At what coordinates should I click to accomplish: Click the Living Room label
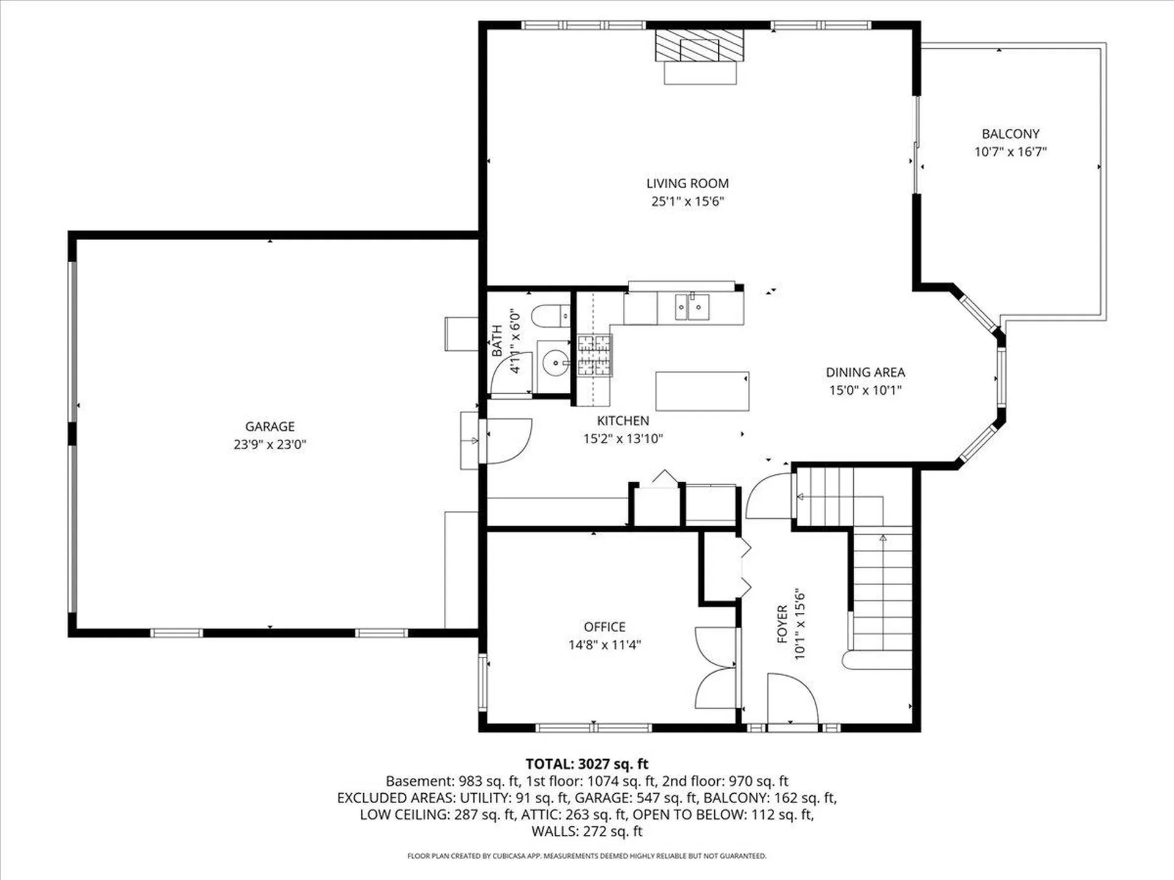click(687, 183)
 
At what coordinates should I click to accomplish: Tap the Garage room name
click(270, 427)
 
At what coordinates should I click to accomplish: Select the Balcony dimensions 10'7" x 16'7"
click(1010, 152)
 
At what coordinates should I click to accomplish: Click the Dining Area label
click(865, 372)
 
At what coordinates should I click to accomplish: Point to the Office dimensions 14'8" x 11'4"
click(605, 644)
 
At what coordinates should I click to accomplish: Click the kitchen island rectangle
click(702, 391)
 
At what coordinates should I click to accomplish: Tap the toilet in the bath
click(550, 316)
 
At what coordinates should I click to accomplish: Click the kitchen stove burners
click(594, 355)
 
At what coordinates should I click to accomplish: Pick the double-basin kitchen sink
click(692, 307)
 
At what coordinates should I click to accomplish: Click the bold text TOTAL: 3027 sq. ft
click(587, 764)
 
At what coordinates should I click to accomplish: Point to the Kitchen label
click(623, 420)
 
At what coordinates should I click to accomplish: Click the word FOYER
click(782, 624)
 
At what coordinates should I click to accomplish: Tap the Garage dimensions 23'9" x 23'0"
click(270, 444)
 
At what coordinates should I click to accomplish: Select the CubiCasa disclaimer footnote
click(587, 856)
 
